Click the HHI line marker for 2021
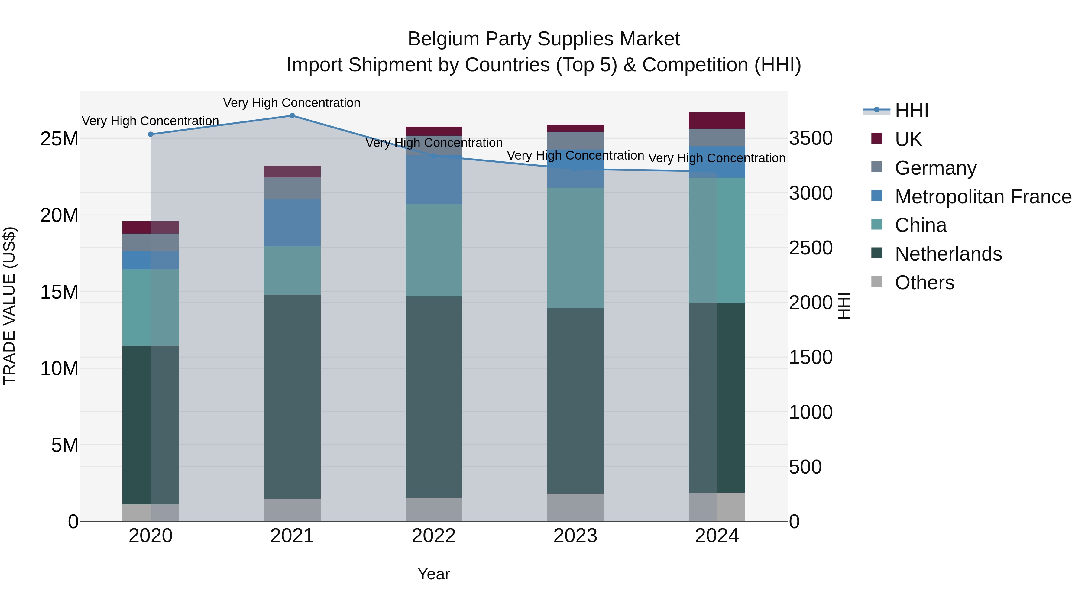pos(292,116)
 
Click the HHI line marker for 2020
pos(151,134)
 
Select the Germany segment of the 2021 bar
pos(292,188)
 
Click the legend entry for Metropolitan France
pos(983,197)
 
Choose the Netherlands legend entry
pos(948,254)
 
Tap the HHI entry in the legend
pos(912,111)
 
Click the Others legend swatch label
pos(924,283)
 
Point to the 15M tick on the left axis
pos(59,292)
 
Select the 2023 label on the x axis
pos(575,536)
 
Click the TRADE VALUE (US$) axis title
pos(9,306)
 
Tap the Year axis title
pos(434,574)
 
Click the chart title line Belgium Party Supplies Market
pos(544,39)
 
